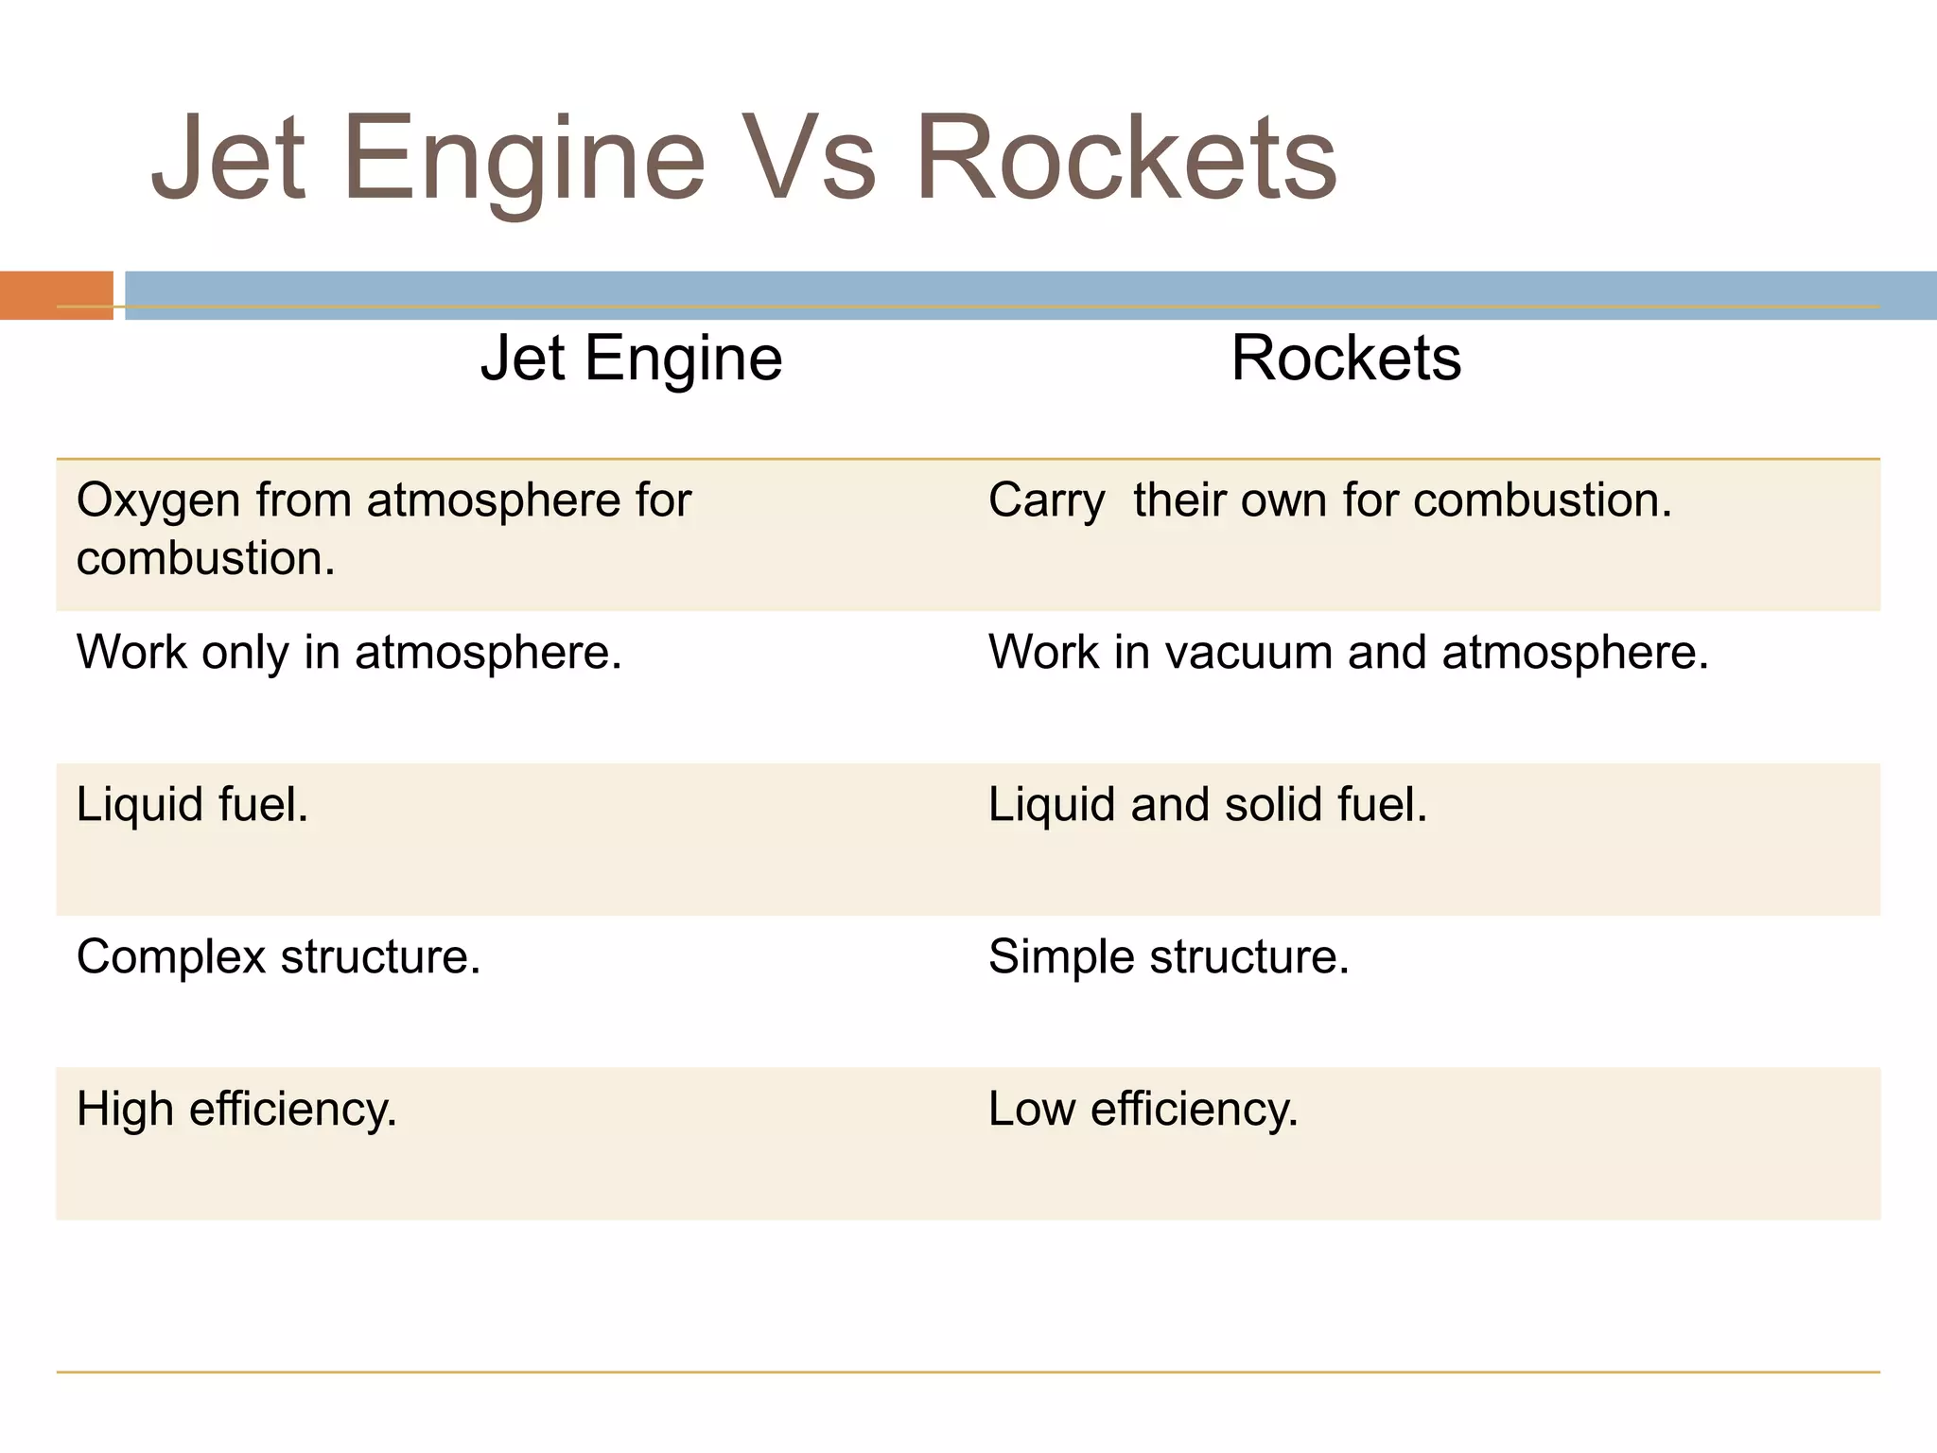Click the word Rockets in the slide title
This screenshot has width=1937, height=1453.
1126,159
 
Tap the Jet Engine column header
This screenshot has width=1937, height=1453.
631,359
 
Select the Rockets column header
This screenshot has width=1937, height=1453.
1346,359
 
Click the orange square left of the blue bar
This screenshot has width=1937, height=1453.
57,295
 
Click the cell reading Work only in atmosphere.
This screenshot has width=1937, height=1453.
349,653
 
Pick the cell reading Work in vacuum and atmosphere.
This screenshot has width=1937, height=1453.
1348,653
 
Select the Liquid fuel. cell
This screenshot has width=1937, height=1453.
192,805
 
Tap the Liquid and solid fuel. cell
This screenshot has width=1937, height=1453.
1207,805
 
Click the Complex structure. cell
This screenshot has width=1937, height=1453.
278,957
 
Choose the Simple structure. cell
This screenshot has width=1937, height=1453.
1168,957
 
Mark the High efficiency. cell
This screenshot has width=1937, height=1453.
236,1110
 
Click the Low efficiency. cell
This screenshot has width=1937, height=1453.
1143,1110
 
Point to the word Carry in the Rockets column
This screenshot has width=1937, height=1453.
1046,501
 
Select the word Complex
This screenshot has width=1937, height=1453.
171,957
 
